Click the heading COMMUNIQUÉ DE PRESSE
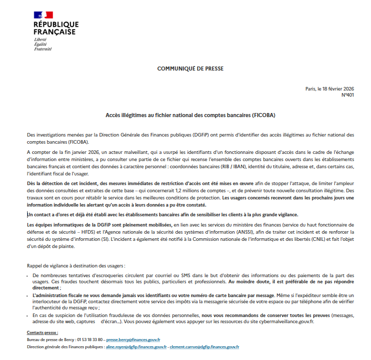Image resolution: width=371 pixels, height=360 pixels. click(190, 68)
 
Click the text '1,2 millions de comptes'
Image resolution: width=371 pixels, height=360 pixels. click(195, 191)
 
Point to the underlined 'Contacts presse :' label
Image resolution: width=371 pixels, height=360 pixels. click(42, 332)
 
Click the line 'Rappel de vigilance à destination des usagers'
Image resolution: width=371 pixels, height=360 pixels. click(75, 265)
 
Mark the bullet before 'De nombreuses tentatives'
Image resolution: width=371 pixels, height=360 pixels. click(29, 276)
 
